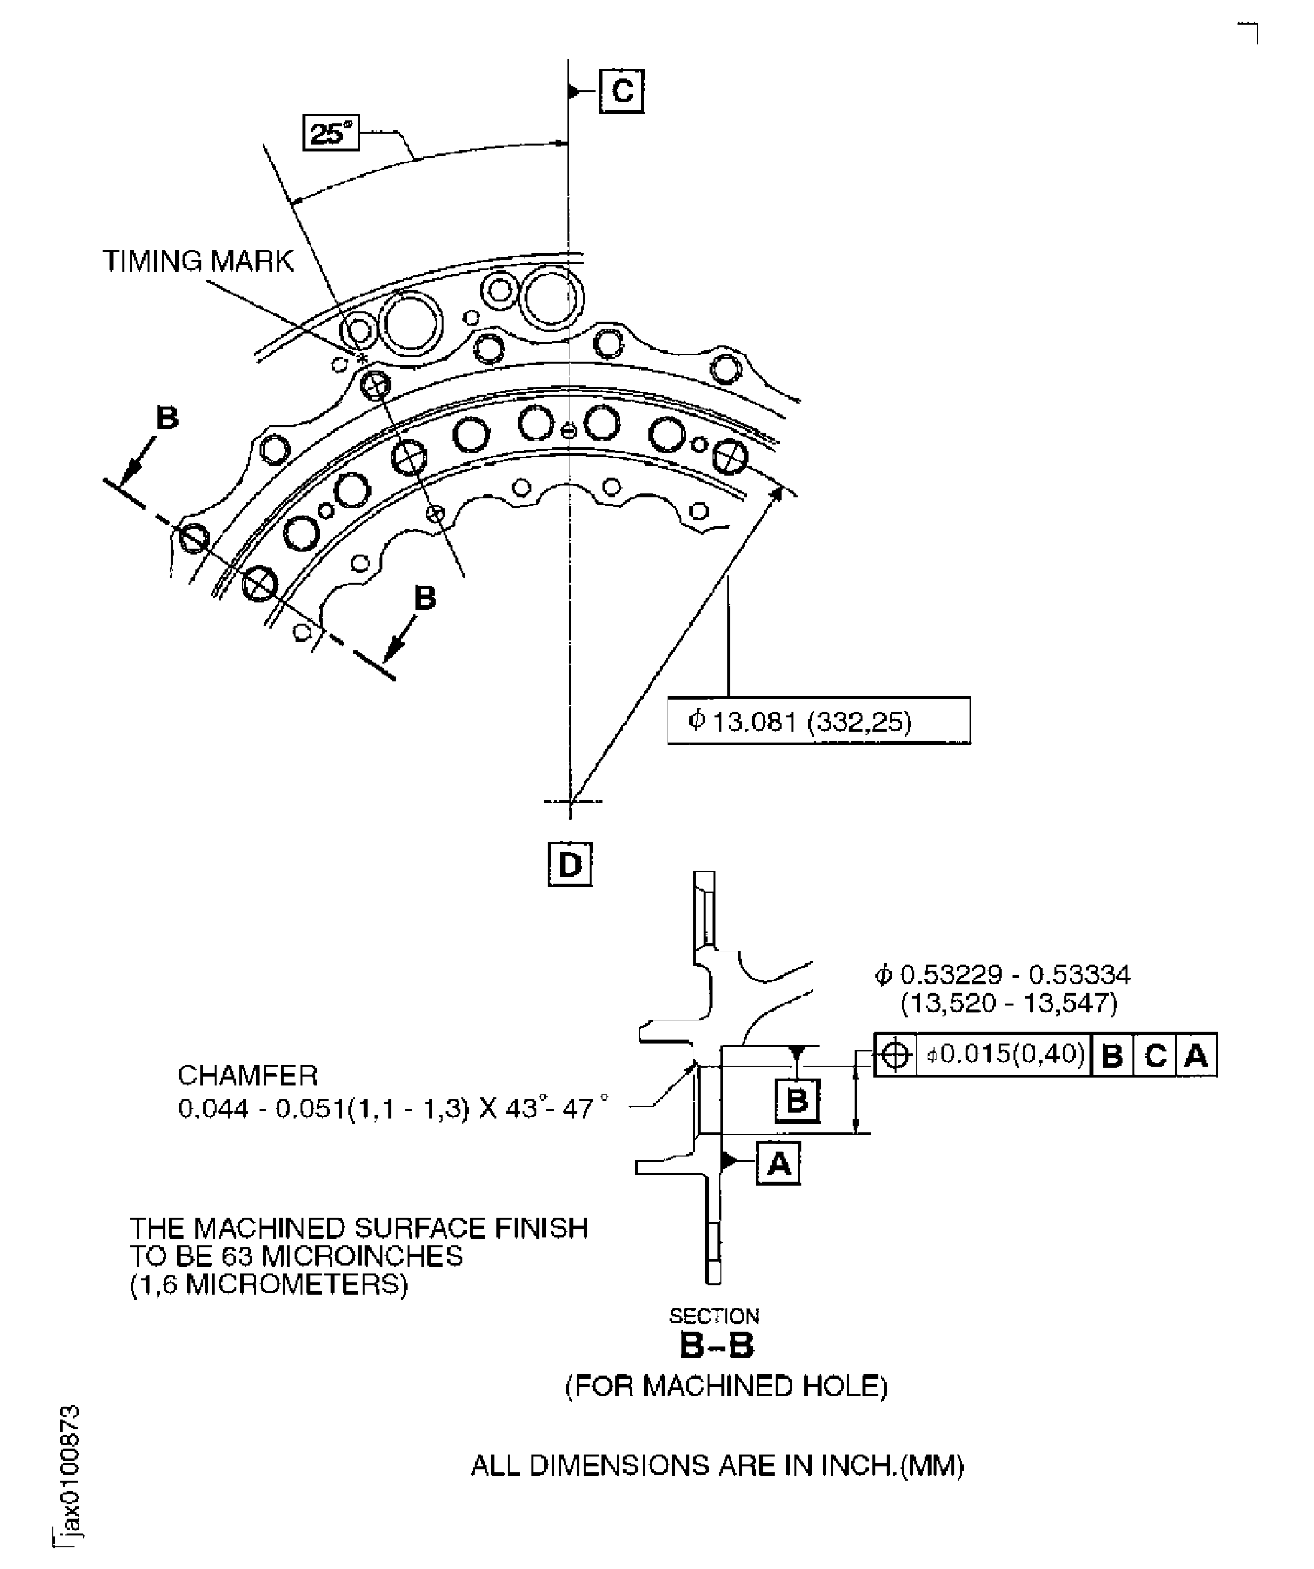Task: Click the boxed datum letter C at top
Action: (x=622, y=91)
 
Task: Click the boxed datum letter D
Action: (x=570, y=864)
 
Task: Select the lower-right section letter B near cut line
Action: (x=424, y=598)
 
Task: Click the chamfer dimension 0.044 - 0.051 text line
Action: (x=393, y=1108)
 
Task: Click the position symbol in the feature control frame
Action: (x=895, y=1055)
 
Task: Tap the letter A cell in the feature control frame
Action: (x=1196, y=1055)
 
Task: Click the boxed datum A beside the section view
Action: (x=779, y=1163)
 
